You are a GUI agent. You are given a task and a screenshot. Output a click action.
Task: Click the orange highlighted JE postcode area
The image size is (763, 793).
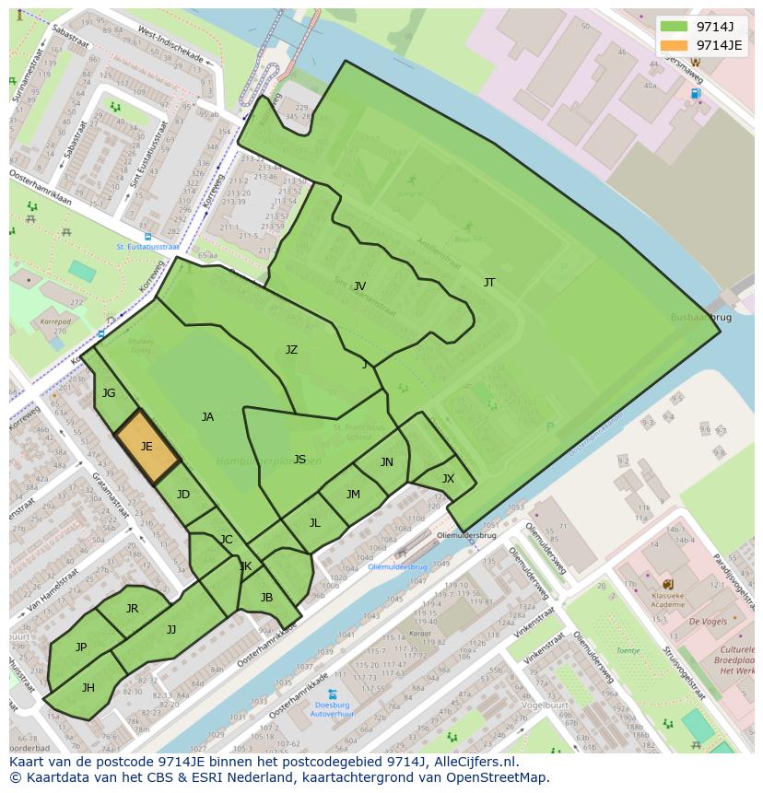point(147,447)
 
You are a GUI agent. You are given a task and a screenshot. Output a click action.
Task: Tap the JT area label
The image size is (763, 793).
point(489,283)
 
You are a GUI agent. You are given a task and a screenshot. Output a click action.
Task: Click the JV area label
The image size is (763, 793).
point(360,286)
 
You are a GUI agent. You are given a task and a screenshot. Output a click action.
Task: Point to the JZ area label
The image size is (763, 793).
point(291,350)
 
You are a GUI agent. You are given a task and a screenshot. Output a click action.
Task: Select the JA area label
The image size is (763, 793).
point(207,417)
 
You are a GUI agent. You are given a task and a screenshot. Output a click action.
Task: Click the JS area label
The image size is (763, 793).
point(299,460)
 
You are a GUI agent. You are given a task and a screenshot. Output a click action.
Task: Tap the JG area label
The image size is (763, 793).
point(109,393)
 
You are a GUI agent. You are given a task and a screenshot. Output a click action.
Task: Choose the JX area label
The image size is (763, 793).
point(448,479)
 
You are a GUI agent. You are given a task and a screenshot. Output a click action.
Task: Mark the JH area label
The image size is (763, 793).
point(88,687)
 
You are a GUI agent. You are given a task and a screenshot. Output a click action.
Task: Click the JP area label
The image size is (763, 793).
point(81,647)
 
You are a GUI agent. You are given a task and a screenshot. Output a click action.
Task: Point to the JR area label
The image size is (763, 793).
point(132,609)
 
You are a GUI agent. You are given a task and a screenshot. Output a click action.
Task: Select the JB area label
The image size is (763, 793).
point(266,598)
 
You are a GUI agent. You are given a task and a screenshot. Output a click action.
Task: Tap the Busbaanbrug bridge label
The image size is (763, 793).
point(702,317)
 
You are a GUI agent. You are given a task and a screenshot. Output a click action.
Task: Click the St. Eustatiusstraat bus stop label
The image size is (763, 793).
point(147,247)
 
